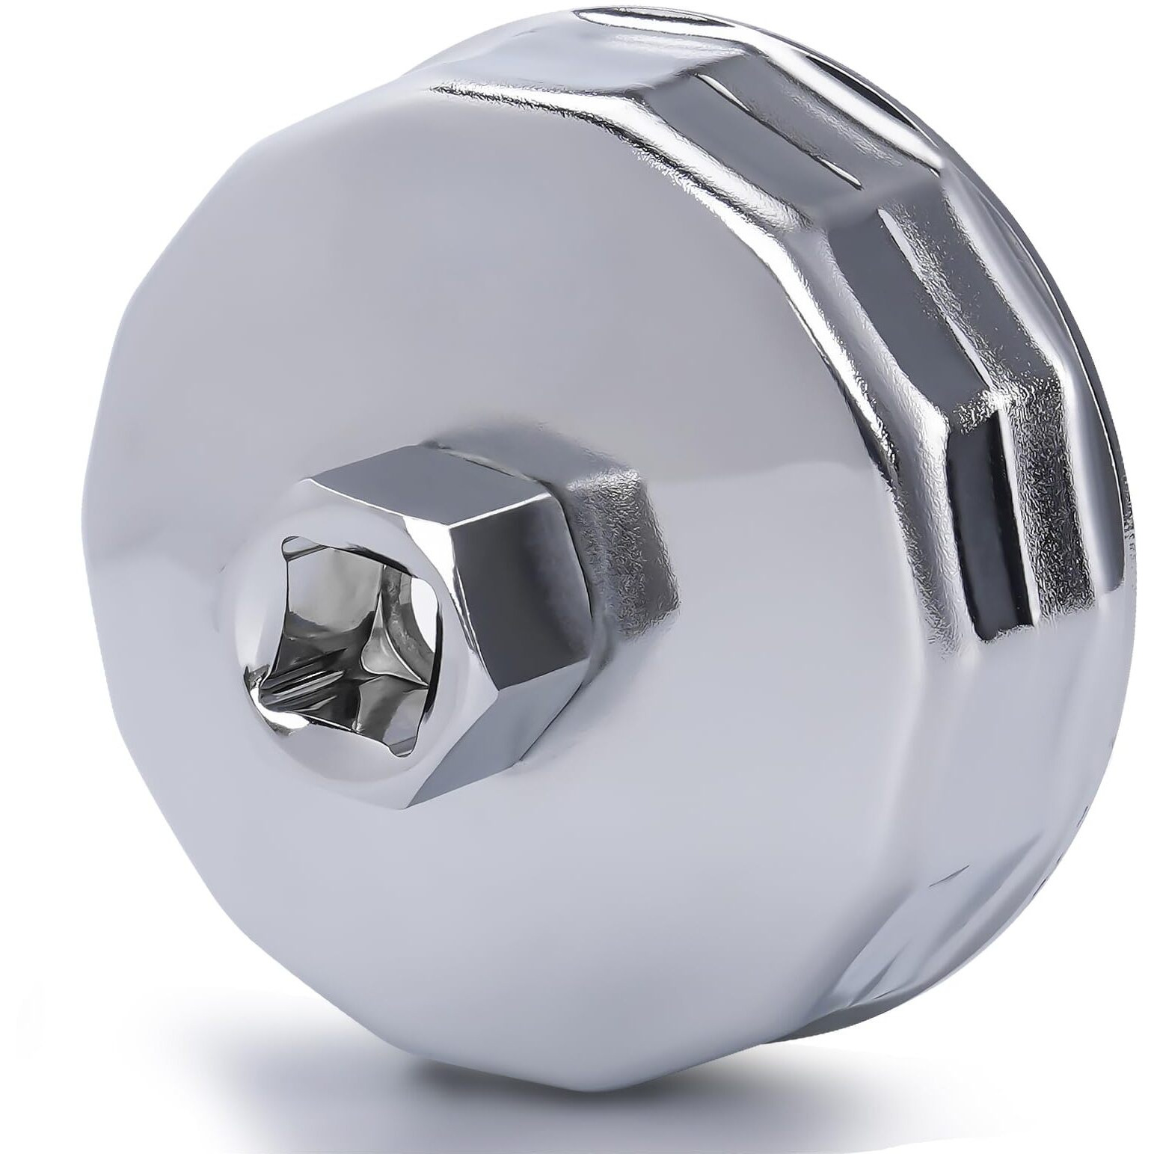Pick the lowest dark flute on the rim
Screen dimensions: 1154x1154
tap(995, 538)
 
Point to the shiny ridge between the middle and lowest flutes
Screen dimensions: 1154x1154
tap(965, 434)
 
